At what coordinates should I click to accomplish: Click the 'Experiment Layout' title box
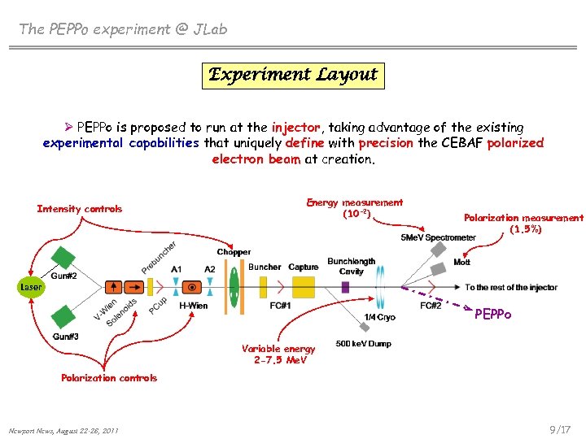[293, 75]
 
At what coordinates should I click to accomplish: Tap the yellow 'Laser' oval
[31, 287]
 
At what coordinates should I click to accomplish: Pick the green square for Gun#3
[63, 316]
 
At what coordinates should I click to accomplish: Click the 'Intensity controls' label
[80, 209]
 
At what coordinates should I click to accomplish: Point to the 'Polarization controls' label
[109, 377]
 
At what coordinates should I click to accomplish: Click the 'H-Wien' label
[193, 305]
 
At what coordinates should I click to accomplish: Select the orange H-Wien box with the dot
[192, 286]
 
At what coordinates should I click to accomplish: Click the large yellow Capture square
[304, 286]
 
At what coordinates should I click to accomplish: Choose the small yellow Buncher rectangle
[264, 286]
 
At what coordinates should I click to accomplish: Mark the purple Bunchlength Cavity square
[345, 287]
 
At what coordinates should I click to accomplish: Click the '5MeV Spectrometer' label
[438, 237]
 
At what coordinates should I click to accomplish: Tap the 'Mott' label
[461, 263]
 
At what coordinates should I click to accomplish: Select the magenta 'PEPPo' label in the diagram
[493, 314]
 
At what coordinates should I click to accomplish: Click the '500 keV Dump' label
[363, 344]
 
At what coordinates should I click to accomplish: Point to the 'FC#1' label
[280, 306]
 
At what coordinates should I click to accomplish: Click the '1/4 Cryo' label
[380, 317]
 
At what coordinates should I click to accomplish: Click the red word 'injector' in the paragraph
[296, 128]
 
